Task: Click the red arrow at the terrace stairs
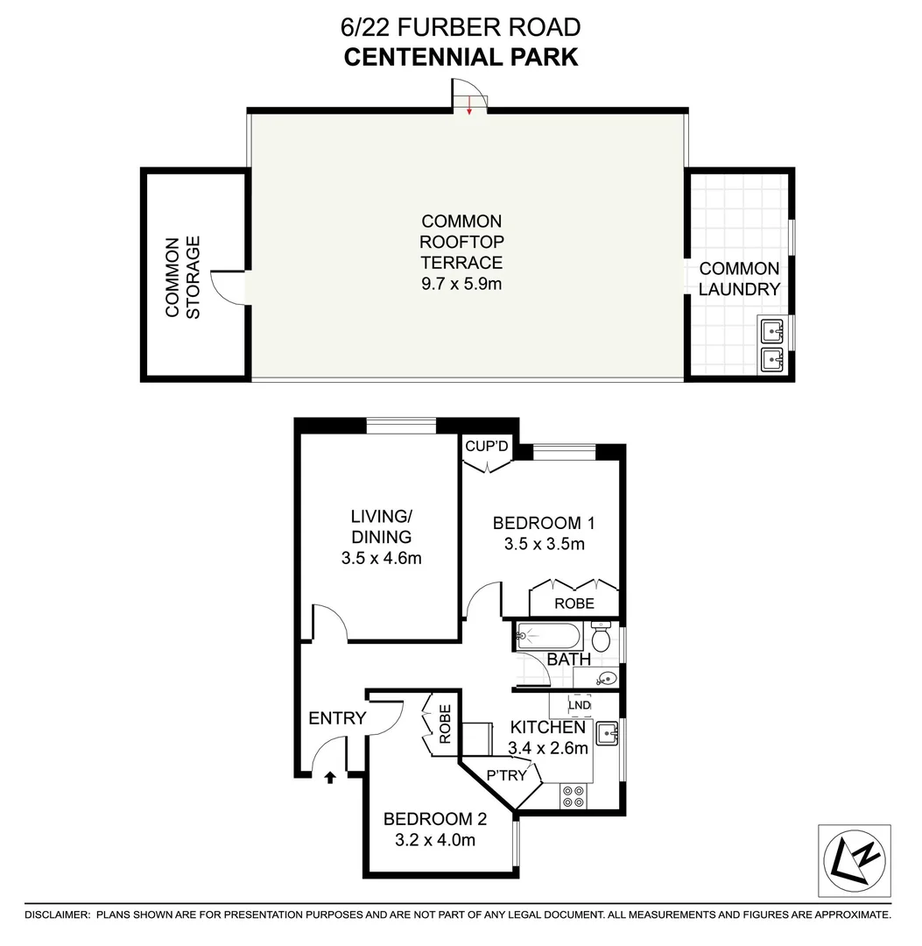470,106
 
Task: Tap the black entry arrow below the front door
330,776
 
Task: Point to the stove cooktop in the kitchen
574,795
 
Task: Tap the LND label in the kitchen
580,704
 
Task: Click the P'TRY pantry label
506,774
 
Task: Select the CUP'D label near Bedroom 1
487,447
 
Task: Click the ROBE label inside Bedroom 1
574,604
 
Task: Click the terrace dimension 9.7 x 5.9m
461,284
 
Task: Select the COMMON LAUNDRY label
739,279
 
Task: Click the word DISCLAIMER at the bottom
57,915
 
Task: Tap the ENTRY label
337,718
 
